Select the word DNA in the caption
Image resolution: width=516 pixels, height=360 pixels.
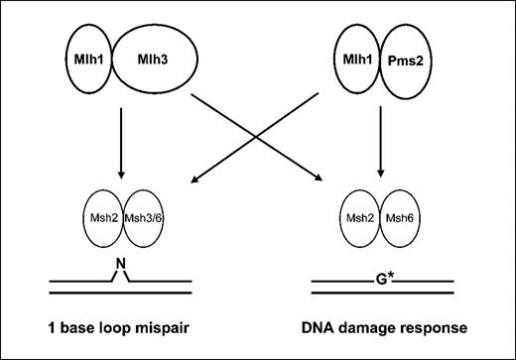326,328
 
